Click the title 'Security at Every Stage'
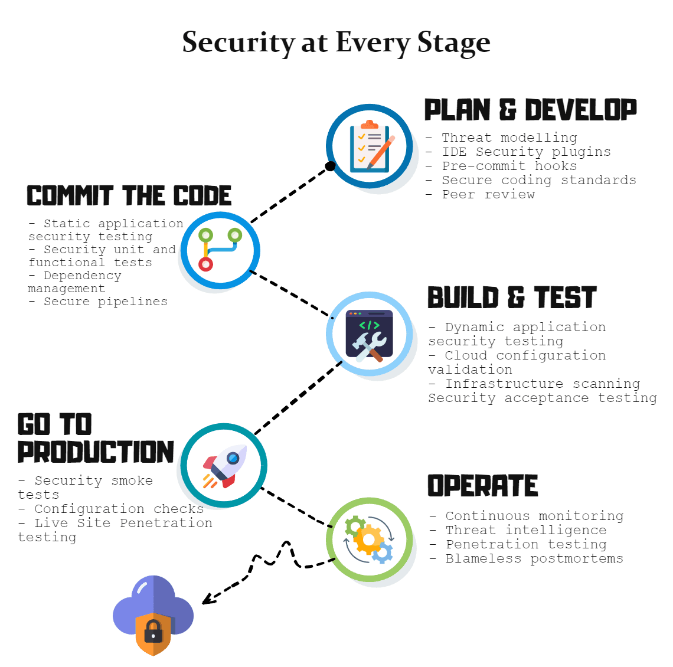(336, 43)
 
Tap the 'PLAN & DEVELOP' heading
(530, 110)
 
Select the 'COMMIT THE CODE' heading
(129, 196)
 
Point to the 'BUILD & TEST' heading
(512, 297)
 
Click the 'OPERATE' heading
(482, 486)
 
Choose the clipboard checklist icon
(370, 146)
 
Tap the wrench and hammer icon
(370, 335)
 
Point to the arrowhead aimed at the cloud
(207, 600)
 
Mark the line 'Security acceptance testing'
(542, 398)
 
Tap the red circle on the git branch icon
(205, 264)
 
